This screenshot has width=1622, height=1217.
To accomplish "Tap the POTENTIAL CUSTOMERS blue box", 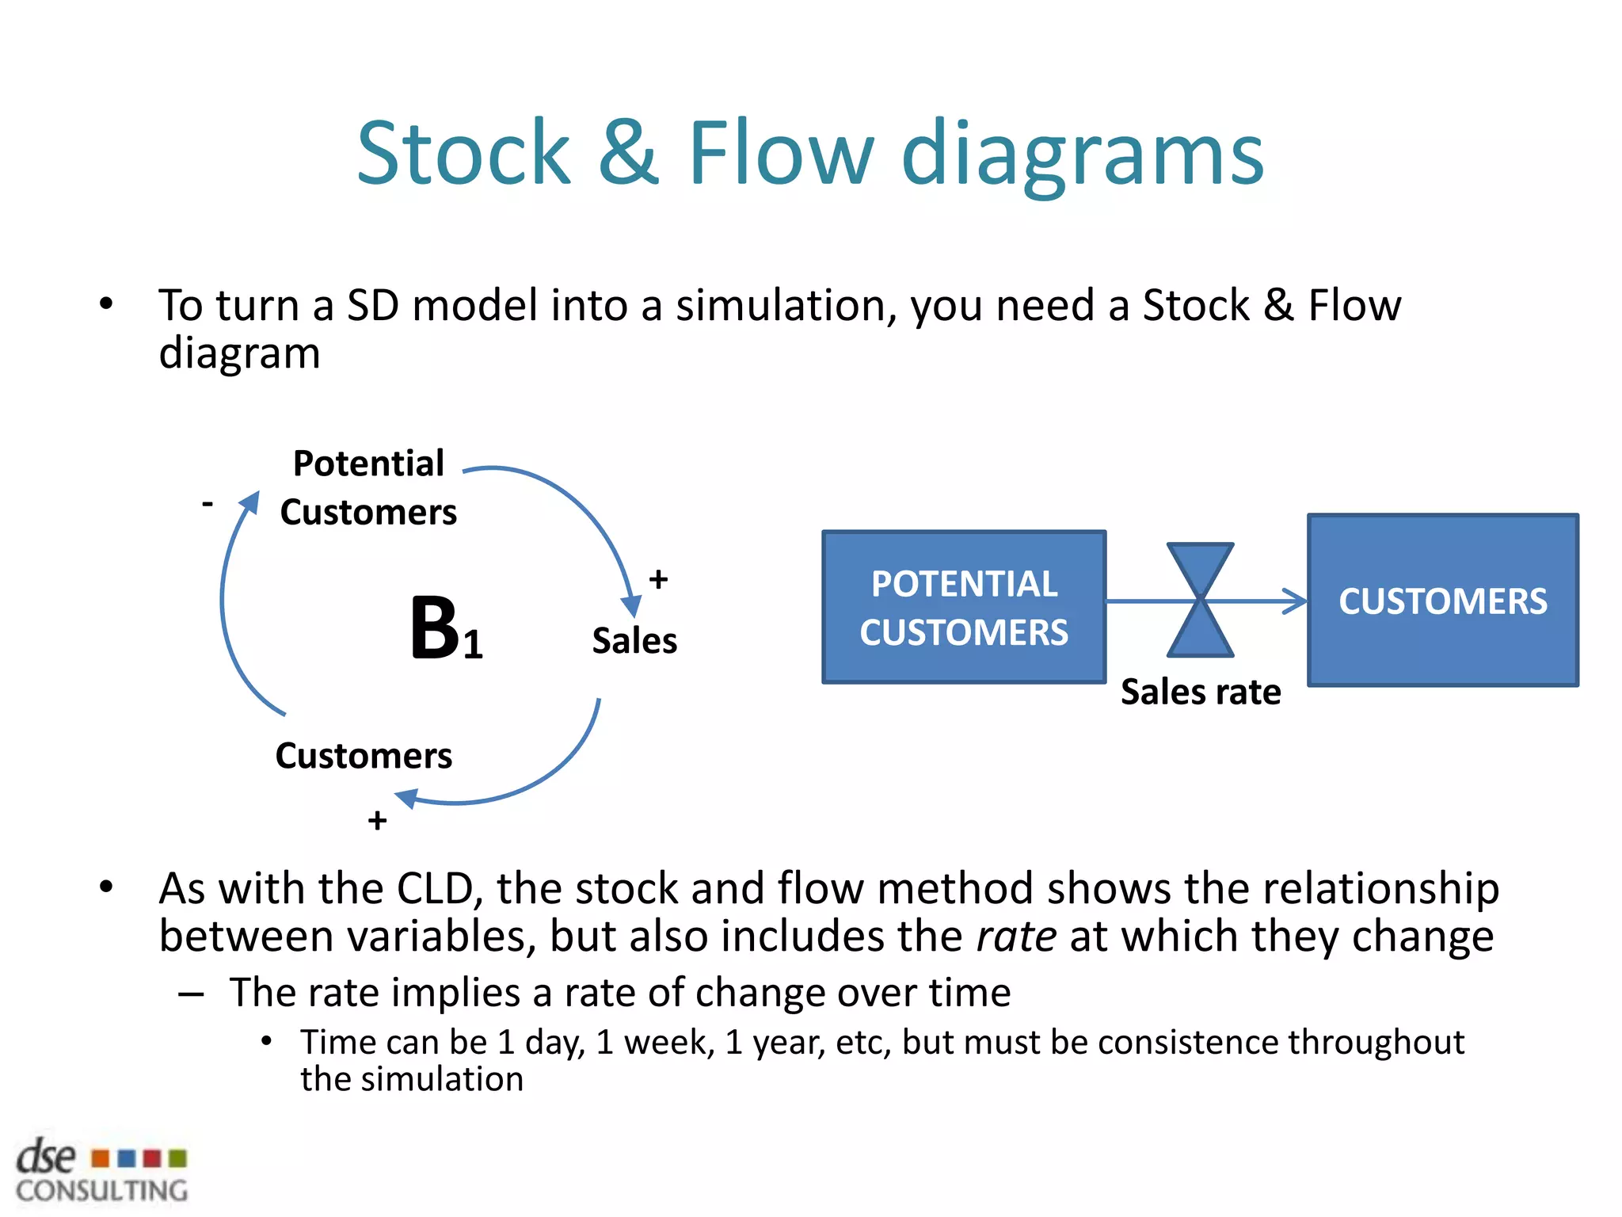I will click(964, 607).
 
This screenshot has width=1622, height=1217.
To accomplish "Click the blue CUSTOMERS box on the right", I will click(1442, 601).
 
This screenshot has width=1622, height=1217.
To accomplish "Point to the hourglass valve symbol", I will click(1200, 600).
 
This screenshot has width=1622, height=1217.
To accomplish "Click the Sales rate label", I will click(1201, 692).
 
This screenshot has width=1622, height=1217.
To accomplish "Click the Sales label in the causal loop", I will click(634, 640).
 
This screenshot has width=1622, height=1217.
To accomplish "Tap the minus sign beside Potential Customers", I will click(208, 503).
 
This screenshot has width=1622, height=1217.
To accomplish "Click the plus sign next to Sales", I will click(658, 579).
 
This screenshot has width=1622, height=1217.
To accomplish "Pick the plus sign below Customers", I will click(377, 820).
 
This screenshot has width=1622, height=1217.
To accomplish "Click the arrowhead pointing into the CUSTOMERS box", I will click(1296, 601).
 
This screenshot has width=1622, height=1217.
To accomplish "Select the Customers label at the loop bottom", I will click(364, 756).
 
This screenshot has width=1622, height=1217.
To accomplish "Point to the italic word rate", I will click(1016, 937).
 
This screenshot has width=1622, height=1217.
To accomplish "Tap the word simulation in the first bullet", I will click(785, 305).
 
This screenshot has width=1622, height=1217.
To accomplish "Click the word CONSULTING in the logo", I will click(102, 1191).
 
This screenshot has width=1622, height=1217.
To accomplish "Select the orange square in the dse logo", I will click(100, 1159).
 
